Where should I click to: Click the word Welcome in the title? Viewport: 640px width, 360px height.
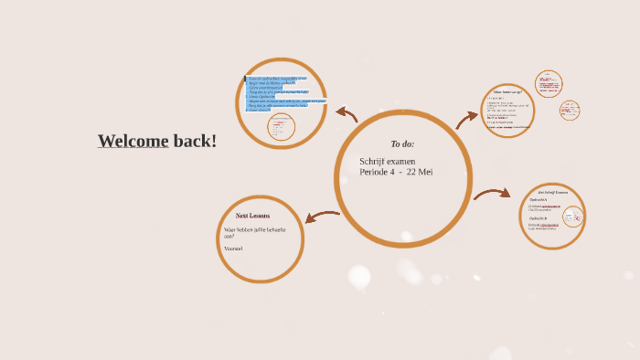tap(133, 141)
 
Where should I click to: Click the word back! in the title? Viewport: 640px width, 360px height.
tap(195, 141)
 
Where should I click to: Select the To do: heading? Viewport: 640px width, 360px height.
tap(402, 143)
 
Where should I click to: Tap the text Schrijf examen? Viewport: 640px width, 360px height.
tap(387, 162)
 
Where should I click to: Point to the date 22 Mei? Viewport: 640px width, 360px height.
tap(420, 172)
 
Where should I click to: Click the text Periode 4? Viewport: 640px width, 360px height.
tap(377, 172)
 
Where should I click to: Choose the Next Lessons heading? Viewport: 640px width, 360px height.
tap(252, 216)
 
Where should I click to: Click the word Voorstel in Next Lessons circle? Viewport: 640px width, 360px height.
tap(233, 249)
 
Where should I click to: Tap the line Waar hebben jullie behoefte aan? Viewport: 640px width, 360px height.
tap(254, 232)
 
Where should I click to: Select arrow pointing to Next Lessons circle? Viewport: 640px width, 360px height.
tap(321, 217)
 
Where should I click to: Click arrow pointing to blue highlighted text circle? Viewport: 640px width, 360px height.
tap(347, 113)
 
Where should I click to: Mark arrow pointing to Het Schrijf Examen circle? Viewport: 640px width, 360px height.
tap(492, 193)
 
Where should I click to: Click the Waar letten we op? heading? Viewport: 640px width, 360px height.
tap(508, 91)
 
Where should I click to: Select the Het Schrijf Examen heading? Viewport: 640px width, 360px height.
tap(554, 192)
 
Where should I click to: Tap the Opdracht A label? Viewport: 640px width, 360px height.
tap(538, 199)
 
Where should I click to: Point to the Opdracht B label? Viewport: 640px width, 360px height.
tap(538, 218)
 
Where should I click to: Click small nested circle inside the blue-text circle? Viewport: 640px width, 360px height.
tap(281, 127)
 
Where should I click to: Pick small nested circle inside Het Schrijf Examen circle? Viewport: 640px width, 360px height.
tap(572, 217)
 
